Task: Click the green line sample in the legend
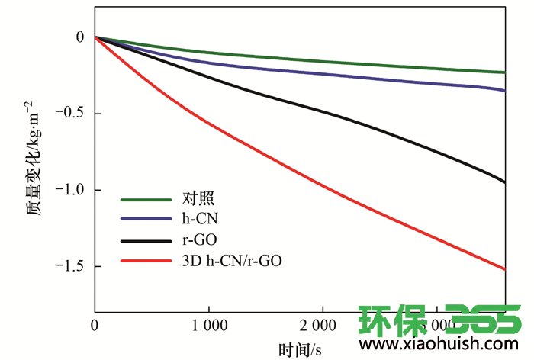pos(145,200)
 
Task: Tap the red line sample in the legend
pos(145,261)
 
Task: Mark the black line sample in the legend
pos(145,240)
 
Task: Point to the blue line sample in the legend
pos(145,220)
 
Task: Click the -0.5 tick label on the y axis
pos(72,114)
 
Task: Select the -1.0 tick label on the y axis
pos(72,190)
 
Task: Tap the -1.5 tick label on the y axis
pos(72,266)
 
